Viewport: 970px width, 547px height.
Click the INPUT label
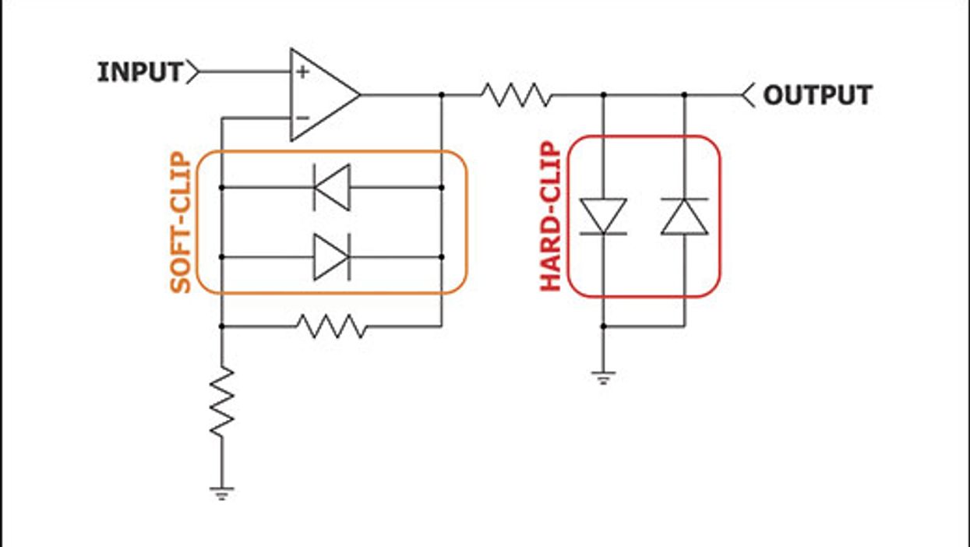139,72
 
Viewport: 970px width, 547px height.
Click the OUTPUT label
817,95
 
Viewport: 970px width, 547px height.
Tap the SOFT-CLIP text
181,223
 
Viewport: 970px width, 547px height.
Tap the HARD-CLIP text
551,217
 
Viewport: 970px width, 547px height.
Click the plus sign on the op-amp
302,72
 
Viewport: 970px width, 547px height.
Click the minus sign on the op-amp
302,118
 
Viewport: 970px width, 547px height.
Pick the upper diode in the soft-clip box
331,187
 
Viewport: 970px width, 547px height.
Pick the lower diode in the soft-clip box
331,256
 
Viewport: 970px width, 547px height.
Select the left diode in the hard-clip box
603,216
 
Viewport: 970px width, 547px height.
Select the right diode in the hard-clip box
684,216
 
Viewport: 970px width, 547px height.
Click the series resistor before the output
516,95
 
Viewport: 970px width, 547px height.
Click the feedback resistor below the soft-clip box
331,326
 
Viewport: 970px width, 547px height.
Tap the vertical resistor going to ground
222,402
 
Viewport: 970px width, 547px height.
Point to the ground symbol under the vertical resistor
222,492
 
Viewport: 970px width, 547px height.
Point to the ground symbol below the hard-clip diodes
603,379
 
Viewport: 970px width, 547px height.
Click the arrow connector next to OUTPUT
748,95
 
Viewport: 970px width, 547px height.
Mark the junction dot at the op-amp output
442,95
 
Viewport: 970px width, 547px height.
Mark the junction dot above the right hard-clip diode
684,95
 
